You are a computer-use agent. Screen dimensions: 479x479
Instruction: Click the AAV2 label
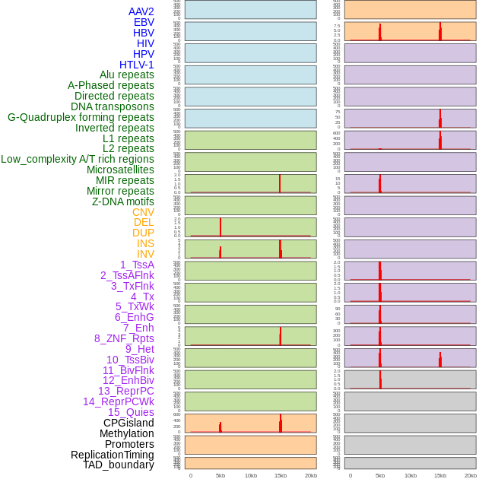coord(141,11)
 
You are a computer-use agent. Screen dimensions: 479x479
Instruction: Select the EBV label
coord(144,22)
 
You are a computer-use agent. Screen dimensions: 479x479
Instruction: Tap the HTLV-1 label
coord(136,65)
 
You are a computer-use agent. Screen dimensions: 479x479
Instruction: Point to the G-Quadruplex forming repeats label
coord(81,117)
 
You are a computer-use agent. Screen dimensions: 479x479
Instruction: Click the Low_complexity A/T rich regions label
coord(78,159)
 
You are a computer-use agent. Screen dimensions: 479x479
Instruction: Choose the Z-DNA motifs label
coord(122,201)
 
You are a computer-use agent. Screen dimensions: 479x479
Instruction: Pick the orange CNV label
coord(143,212)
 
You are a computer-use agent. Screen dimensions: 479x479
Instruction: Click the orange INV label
coord(145,254)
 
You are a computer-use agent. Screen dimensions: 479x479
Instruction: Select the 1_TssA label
coord(137,265)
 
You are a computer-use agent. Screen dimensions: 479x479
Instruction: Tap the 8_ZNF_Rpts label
coord(124,338)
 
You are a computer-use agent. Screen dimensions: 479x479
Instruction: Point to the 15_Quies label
coord(130,412)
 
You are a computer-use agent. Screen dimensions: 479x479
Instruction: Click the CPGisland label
coord(128,423)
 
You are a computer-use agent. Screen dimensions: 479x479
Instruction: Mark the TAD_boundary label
coord(119,465)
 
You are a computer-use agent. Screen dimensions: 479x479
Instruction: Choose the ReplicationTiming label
coord(112,455)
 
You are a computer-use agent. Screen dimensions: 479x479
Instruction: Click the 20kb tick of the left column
coord(310,475)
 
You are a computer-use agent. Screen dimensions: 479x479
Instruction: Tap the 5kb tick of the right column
coord(380,475)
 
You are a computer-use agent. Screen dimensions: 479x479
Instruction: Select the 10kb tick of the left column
coord(250,475)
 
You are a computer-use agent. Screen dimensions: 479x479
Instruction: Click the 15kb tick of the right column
coord(440,475)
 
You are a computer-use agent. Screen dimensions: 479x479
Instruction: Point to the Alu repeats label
coord(126,75)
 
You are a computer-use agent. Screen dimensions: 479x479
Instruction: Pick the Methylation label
coord(126,433)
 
